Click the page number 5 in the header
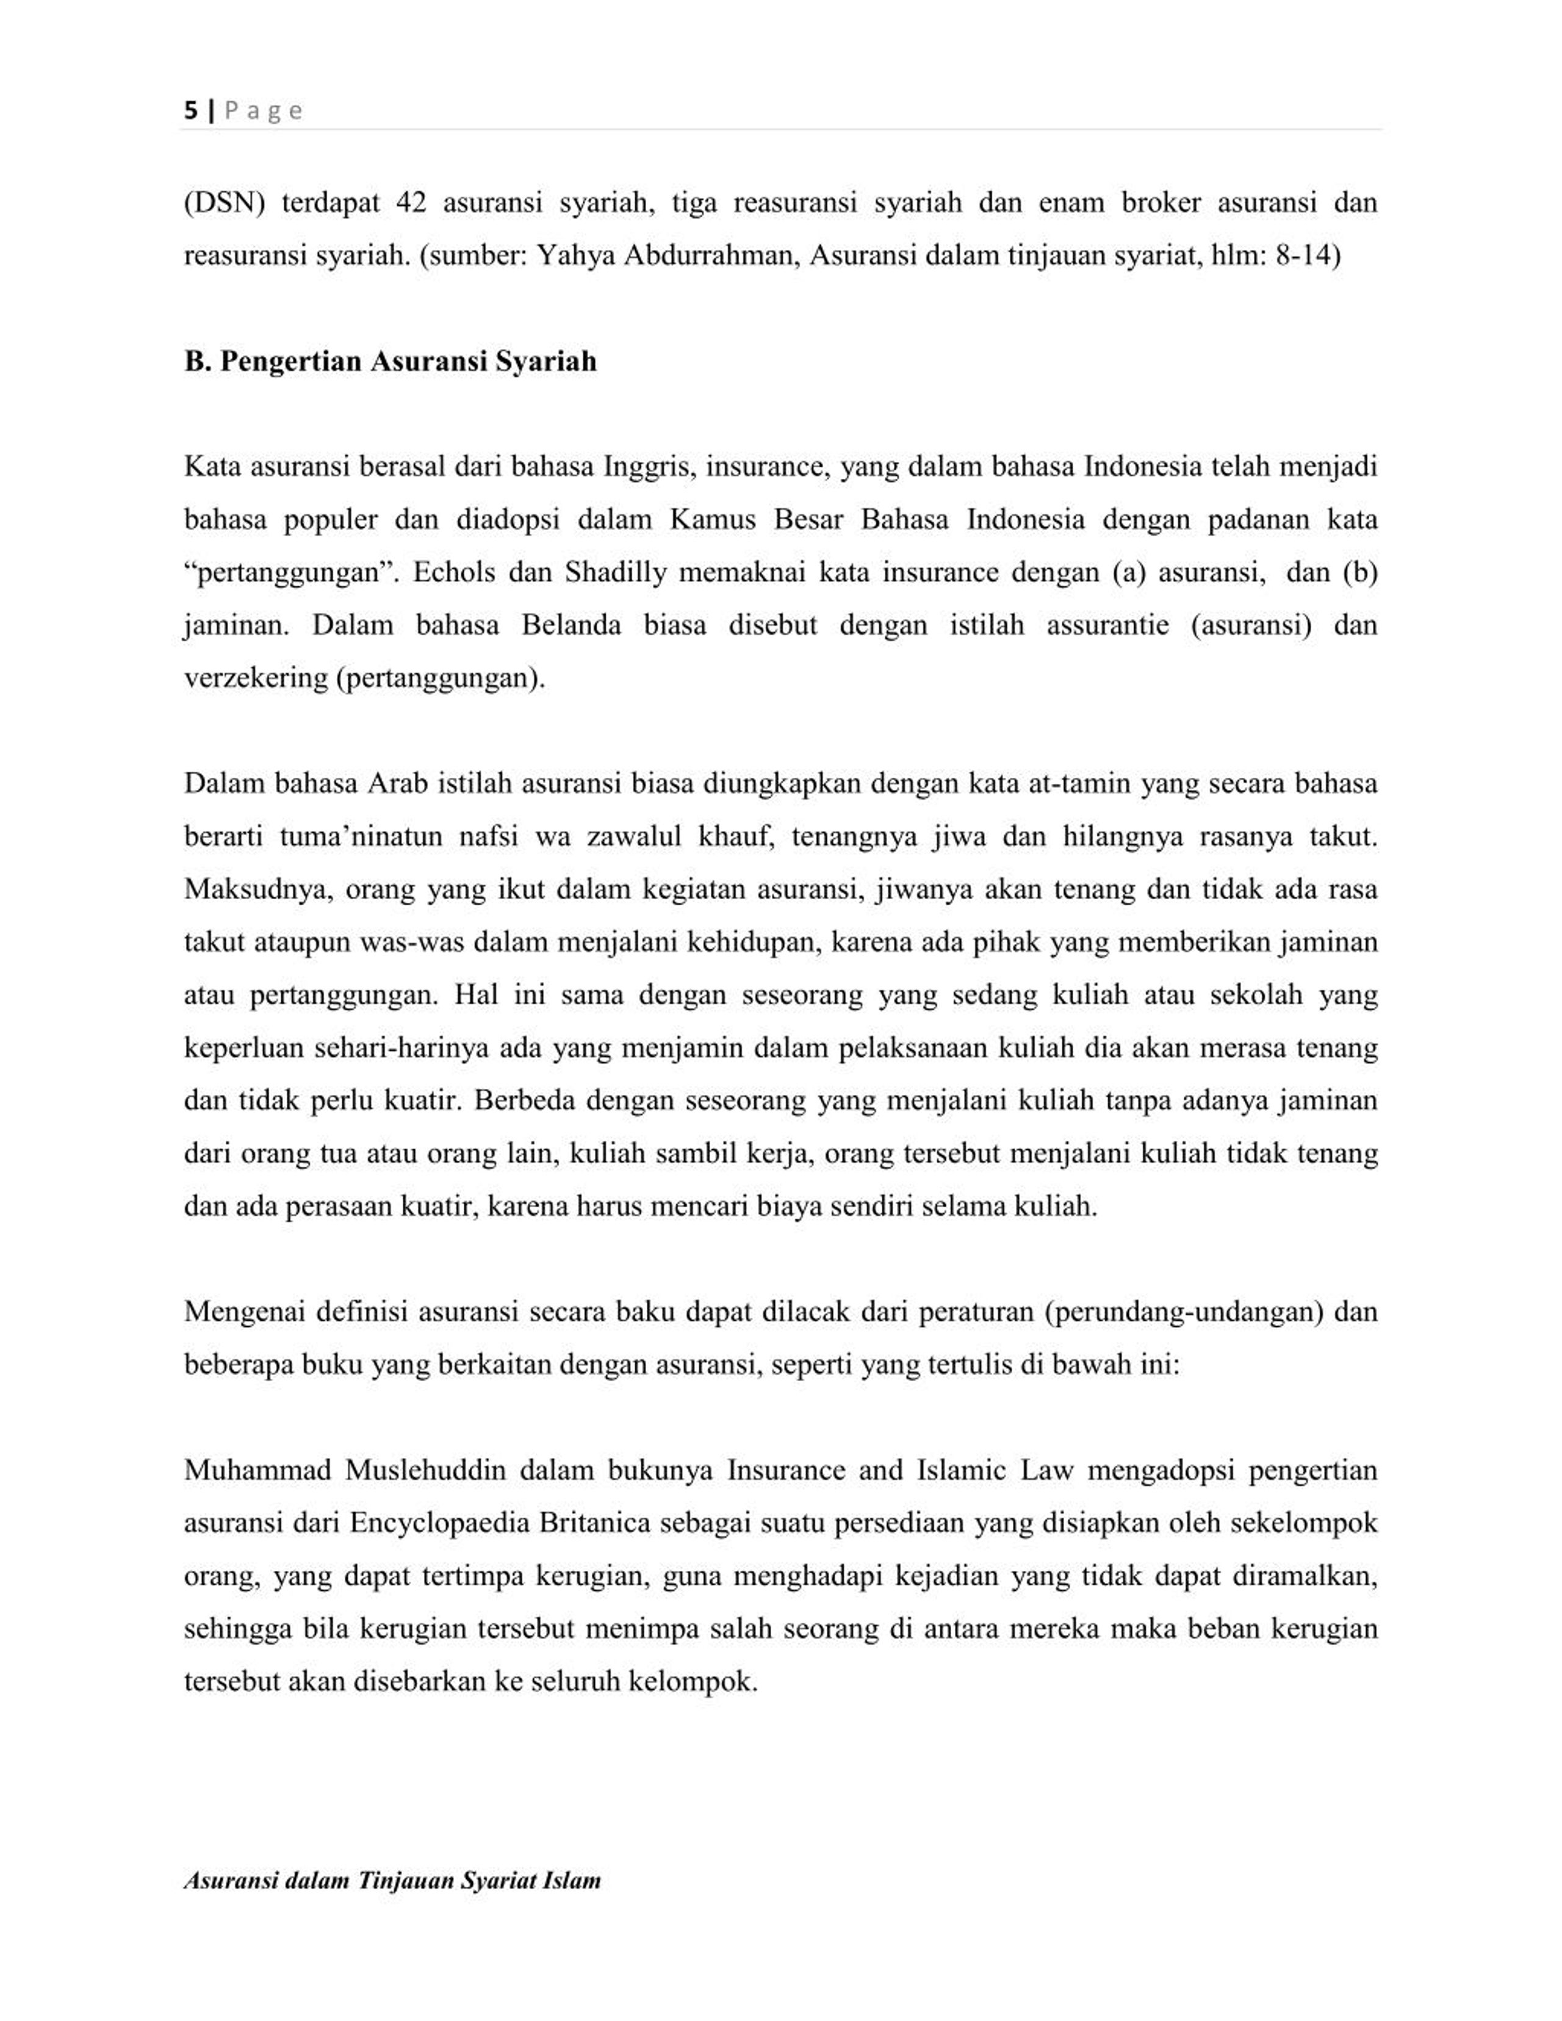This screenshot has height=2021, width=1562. pyautogui.click(x=190, y=111)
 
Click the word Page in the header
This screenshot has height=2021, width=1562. pyautogui.click(x=264, y=111)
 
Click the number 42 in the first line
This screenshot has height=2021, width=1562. pyautogui.click(x=411, y=203)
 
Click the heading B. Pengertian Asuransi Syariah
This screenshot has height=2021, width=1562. pyautogui.click(x=389, y=361)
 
